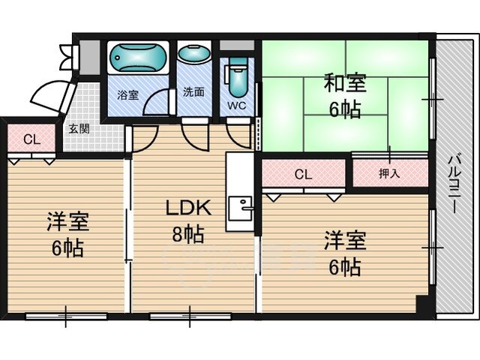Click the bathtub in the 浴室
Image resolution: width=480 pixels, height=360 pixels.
tap(138, 58)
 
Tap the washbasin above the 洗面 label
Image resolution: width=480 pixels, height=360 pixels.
tap(194, 53)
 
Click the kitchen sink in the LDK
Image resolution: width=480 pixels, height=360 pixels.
tap(241, 208)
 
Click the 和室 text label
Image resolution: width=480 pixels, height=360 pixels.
tap(345, 83)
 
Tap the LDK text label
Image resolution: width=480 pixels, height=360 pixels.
tap(188, 208)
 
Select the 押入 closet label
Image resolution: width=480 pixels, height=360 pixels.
tap(389, 173)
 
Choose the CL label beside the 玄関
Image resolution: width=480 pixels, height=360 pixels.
tap(31, 140)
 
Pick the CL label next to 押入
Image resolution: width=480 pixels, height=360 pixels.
tap(303, 175)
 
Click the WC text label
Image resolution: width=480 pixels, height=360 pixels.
tap(237, 106)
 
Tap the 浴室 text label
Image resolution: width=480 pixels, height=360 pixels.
tap(127, 95)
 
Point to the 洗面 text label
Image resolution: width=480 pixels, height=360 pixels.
tap(193, 92)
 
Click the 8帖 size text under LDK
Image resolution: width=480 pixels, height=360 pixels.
tap(188, 234)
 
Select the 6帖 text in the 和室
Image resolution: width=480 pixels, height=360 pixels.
tap(345, 109)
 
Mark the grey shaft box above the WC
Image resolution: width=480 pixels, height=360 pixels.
tap(237, 45)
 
